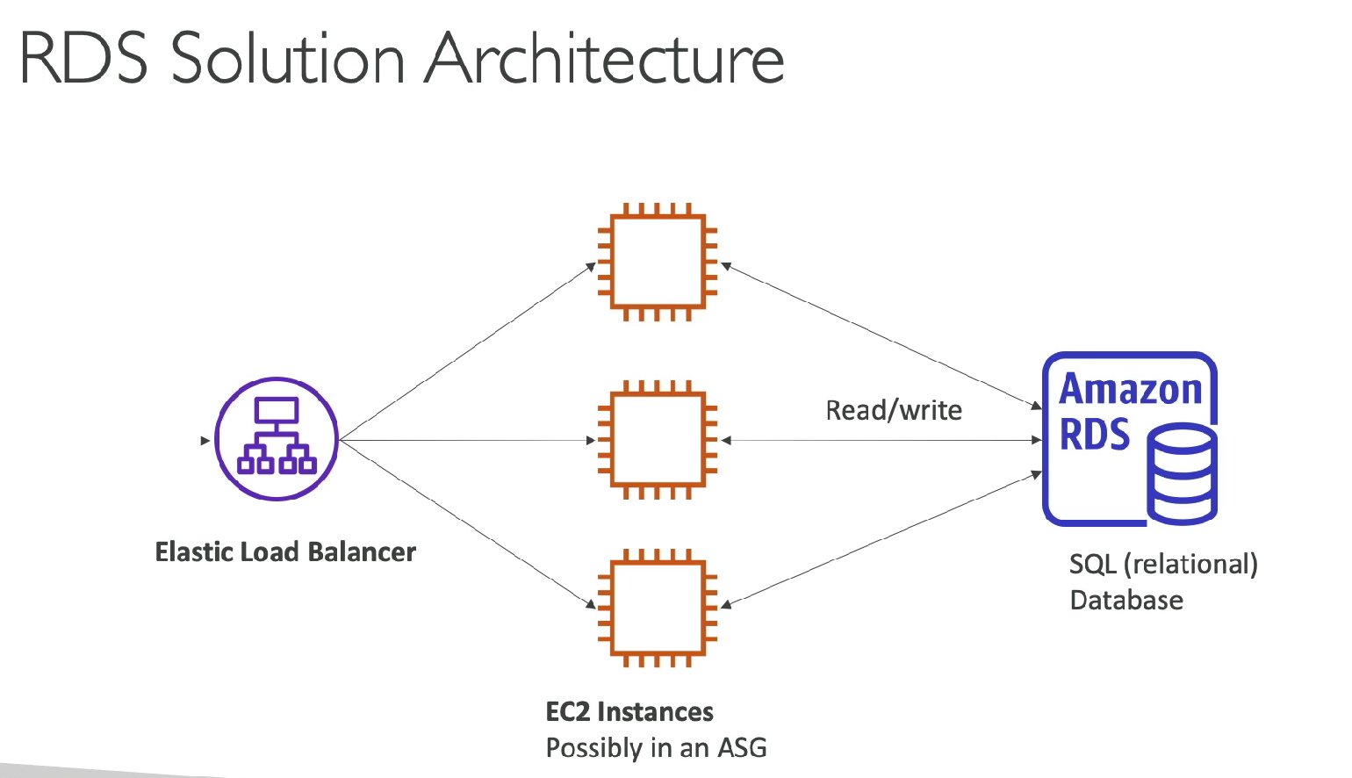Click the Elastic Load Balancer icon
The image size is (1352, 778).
point(277,439)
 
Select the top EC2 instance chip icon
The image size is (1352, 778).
point(658,262)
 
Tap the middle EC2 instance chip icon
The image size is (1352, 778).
point(658,439)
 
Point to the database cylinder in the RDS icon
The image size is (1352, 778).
point(1183,474)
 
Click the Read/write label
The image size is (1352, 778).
point(894,410)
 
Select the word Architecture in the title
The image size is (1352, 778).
point(605,60)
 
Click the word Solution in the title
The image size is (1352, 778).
point(287,60)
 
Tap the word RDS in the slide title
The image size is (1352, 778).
point(84,60)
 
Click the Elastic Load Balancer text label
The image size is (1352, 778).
point(285,551)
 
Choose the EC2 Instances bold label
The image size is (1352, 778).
point(629,711)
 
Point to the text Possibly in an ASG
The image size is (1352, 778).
point(656,747)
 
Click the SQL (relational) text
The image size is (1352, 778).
point(1163,564)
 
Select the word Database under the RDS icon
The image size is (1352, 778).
point(1126,601)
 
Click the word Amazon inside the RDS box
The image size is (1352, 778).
point(1131,389)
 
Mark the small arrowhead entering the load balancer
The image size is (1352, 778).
point(205,440)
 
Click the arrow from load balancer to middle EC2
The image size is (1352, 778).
point(465,440)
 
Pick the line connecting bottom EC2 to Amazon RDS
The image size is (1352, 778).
point(878,539)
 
